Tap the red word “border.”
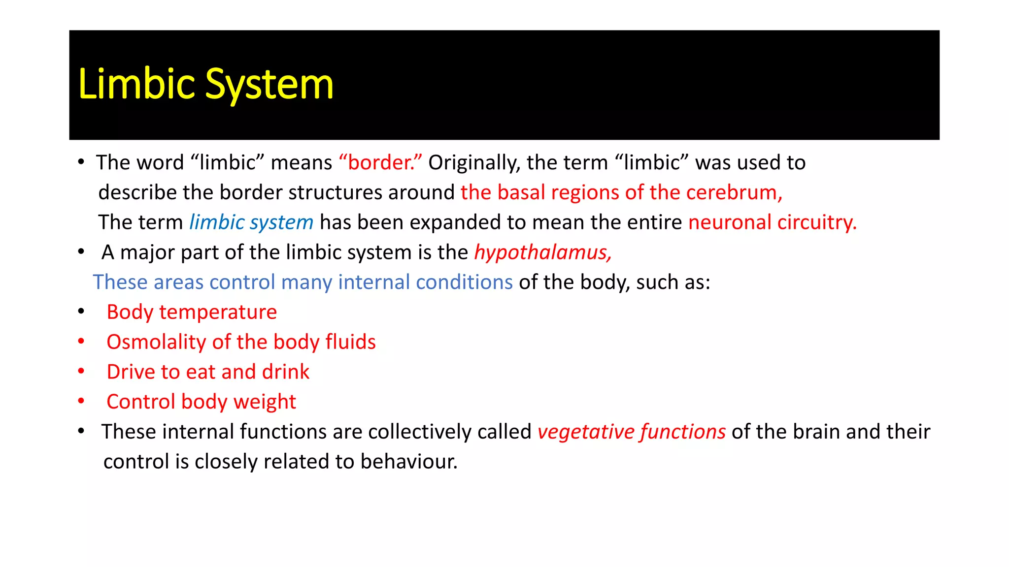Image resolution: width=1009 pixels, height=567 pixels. (x=380, y=162)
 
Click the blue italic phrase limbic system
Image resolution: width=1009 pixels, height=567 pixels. (x=251, y=222)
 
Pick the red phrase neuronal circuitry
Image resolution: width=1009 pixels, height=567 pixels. (x=772, y=222)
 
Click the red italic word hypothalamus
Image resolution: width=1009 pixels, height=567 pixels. (x=542, y=252)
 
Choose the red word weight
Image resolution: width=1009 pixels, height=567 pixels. (x=265, y=402)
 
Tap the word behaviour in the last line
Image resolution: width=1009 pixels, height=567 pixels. (x=408, y=462)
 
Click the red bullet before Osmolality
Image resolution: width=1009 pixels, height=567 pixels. (x=81, y=341)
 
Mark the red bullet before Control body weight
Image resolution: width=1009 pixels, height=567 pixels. (x=81, y=401)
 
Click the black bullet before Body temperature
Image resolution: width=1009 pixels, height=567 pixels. (x=81, y=312)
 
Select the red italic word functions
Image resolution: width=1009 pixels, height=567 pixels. (x=683, y=432)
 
